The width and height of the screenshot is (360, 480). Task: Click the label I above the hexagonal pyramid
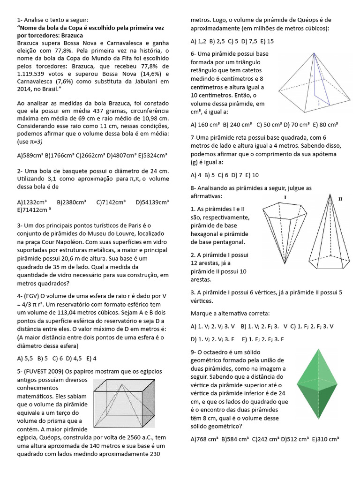pos(285,197)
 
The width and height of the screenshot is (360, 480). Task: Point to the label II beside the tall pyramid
pos(340,199)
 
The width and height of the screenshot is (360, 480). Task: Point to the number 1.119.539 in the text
pos(35,74)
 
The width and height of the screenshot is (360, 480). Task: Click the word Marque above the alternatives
pos(203,313)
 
